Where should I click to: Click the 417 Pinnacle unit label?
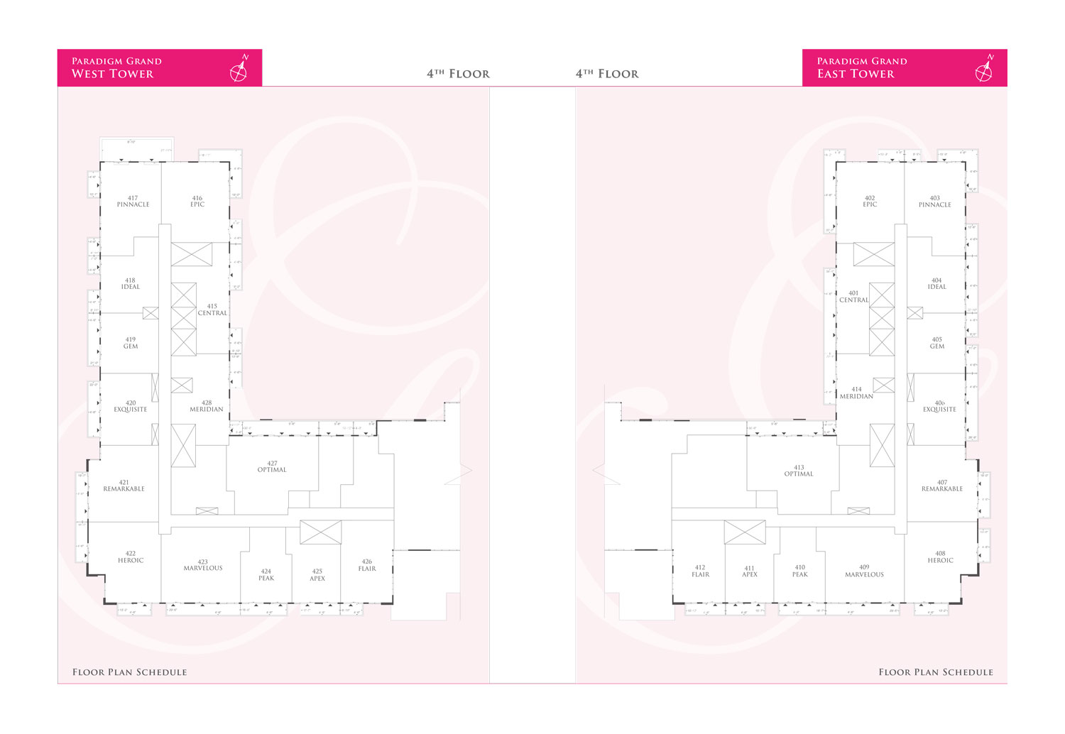133,202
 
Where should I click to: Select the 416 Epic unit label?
197,202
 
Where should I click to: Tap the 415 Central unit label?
212,310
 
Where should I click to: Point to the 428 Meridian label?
207,406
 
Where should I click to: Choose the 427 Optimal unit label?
272,466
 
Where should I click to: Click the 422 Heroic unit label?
131,557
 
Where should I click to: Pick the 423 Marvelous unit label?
203,565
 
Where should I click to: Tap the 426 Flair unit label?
367,565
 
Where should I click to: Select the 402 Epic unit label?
870,202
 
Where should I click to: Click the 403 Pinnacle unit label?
934,202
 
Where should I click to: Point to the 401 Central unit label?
854,297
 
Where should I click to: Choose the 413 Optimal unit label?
799,471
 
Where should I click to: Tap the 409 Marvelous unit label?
864,571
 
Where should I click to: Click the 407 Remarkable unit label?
942,486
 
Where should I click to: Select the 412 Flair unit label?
700,571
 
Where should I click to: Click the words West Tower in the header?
112,74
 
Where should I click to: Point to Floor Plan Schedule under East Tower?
935,672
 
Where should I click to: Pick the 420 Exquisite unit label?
131,406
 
